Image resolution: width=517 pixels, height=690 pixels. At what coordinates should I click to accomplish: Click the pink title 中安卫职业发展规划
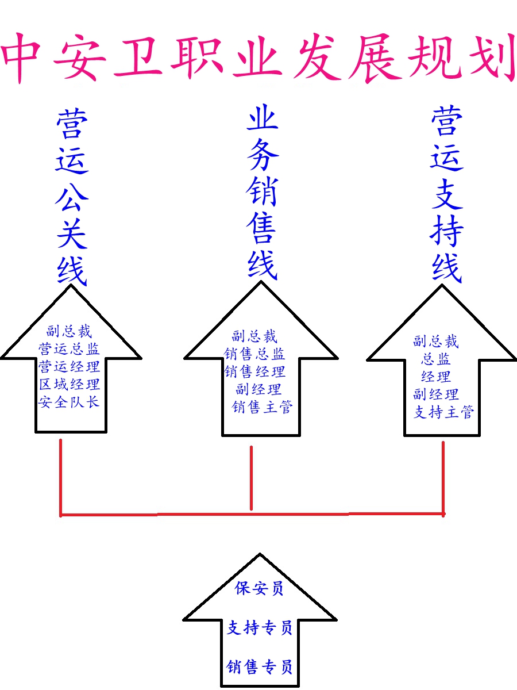258,57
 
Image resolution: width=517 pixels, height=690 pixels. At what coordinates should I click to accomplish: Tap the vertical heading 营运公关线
72,198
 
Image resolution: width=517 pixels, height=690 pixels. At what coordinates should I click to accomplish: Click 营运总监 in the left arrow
69,349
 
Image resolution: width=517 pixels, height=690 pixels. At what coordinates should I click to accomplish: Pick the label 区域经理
69,384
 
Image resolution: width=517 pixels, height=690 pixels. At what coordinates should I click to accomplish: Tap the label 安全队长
69,401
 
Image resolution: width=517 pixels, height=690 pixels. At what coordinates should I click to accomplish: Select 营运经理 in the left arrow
69,367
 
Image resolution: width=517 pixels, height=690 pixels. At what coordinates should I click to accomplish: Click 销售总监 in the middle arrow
254,354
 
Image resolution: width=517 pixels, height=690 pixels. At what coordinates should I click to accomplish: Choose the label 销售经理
254,371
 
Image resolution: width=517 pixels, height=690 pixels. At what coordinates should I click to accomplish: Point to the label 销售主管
262,407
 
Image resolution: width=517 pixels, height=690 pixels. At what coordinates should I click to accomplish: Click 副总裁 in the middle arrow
254,336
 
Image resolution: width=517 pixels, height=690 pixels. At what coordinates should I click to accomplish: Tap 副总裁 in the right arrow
435,342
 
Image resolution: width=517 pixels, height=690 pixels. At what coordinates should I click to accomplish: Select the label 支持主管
443,412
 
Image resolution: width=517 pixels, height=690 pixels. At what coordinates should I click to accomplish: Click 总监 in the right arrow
435,359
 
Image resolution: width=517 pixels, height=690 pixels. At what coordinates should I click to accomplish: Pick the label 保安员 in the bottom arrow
259,588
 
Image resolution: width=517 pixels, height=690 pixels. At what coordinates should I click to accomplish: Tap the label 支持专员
260,627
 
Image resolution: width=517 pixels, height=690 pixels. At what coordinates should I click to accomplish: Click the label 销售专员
260,667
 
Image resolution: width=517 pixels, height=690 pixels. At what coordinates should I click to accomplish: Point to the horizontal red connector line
172,514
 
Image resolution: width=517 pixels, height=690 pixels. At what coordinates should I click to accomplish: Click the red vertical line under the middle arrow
251,477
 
